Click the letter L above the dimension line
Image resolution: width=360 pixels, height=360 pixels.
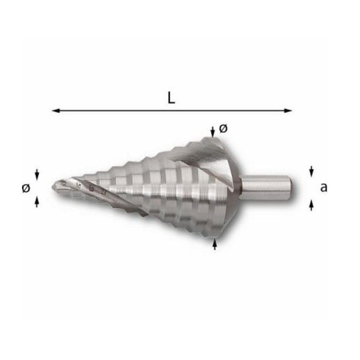coord(171,98)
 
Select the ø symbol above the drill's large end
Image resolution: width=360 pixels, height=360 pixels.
coord(223,129)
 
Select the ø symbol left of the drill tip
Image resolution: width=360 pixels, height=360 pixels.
coord(26,188)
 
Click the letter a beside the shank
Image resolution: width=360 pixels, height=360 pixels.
coord(323,188)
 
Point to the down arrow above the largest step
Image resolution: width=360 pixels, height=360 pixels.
coord(212,131)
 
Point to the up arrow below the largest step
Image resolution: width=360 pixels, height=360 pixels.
coord(215,244)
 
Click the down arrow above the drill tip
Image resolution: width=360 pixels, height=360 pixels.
coord(37,174)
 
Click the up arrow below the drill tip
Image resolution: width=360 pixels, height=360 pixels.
coord(37,202)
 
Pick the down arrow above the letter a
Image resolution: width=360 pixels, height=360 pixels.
coord(311,171)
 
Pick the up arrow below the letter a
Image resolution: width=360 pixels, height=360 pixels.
coord(311,205)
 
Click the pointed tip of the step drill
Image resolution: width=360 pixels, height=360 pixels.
coord(54,185)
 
